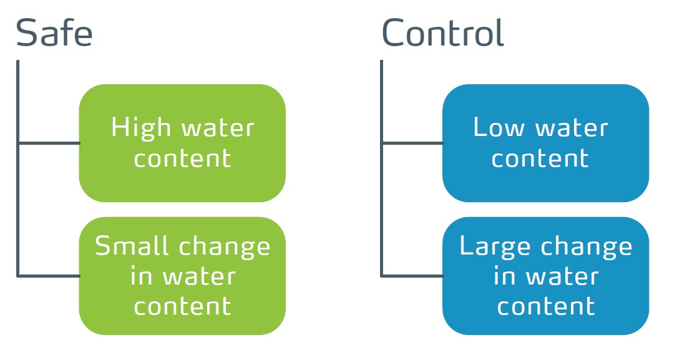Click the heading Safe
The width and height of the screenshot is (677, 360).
(x=54, y=33)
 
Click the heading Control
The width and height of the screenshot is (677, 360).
(x=443, y=32)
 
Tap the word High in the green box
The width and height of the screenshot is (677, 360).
(x=141, y=128)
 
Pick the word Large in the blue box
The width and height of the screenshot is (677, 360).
(x=495, y=247)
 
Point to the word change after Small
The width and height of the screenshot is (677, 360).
(x=225, y=247)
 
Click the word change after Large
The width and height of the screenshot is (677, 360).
(x=587, y=247)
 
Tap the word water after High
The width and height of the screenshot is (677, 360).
(x=218, y=129)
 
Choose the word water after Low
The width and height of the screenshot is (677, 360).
(x=572, y=129)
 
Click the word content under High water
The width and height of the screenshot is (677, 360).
(x=183, y=159)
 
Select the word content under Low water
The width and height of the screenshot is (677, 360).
(x=540, y=159)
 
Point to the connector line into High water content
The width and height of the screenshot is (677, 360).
(x=49, y=143)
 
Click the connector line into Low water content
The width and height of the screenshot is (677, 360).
(x=412, y=143)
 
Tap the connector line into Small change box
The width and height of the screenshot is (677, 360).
(x=49, y=275)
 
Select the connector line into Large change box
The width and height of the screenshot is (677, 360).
(x=412, y=275)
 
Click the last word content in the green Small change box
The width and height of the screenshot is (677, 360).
(x=183, y=307)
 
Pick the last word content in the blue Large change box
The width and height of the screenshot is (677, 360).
(x=546, y=307)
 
